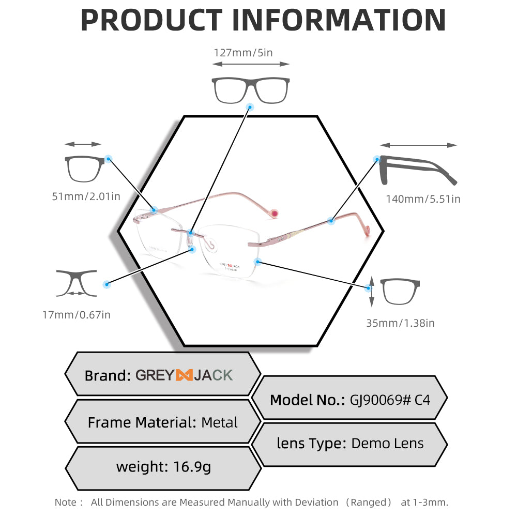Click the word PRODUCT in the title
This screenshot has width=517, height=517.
152,20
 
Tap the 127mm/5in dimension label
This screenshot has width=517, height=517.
244,53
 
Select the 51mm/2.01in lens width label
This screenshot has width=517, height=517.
86,196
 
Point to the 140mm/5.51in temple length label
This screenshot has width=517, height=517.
423,199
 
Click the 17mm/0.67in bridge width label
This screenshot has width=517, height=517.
76,315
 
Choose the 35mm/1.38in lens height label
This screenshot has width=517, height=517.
400,323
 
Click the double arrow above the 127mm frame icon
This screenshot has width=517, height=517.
251,64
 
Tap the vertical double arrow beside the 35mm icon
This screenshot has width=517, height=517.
372,292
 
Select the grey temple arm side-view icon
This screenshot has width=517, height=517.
418,170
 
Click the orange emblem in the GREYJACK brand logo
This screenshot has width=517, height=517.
184,375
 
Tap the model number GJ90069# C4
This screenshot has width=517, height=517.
390,400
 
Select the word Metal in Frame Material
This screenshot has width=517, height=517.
219,422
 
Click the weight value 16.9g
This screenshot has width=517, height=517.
192,467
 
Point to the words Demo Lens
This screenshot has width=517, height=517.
387,444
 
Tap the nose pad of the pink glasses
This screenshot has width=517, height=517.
210,245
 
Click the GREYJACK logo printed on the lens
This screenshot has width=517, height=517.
230,267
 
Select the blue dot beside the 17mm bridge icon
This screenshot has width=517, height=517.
107,284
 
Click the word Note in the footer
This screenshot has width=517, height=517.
65,502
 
